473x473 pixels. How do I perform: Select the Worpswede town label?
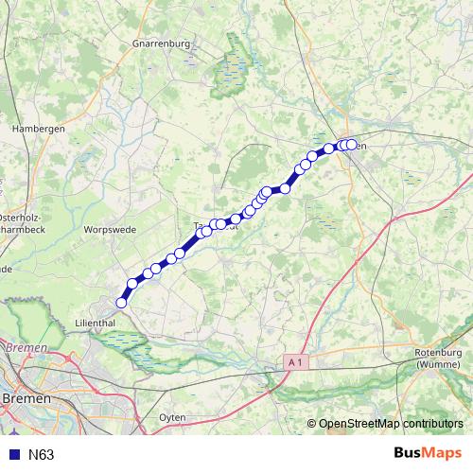(x=112, y=229)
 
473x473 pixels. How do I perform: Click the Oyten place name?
(x=172, y=416)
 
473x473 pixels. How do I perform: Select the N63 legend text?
(x=41, y=455)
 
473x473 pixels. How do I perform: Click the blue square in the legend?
(x=13, y=455)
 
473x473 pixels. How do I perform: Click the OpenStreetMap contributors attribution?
(x=391, y=424)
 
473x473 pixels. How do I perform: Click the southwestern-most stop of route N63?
(x=121, y=303)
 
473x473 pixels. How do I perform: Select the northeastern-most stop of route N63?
(x=352, y=145)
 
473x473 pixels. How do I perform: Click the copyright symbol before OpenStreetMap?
(x=312, y=424)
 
